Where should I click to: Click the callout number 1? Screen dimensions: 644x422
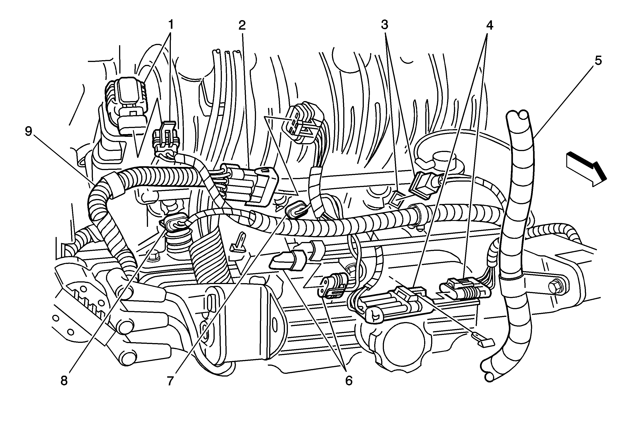click(170, 25)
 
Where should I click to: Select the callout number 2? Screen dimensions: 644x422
click(242, 25)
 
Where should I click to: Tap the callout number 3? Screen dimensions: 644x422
click(385, 25)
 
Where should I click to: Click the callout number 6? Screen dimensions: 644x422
click(349, 381)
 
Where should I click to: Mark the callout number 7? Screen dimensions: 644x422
click(170, 381)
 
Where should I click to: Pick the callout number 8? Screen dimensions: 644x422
click(64, 381)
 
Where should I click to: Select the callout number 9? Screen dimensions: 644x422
click(28, 131)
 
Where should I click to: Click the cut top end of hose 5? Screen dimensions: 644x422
click(517, 116)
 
